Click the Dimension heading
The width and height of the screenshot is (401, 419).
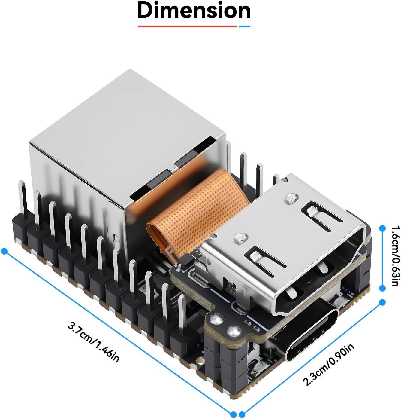pyautogui.click(x=194, y=11)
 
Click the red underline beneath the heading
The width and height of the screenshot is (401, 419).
pyautogui.click(x=188, y=26)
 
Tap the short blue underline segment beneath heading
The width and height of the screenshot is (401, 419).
pyautogui.click(x=244, y=26)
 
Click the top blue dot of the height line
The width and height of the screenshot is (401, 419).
pyautogui.click(x=382, y=228)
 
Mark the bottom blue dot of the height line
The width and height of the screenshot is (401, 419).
pyautogui.click(x=382, y=288)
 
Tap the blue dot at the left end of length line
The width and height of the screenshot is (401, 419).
pyautogui.click(x=4, y=251)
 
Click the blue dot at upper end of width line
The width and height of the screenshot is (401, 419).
pyautogui.click(x=382, y=302)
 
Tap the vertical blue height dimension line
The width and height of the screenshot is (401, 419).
pyautogui.click(x=382, y=258)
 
